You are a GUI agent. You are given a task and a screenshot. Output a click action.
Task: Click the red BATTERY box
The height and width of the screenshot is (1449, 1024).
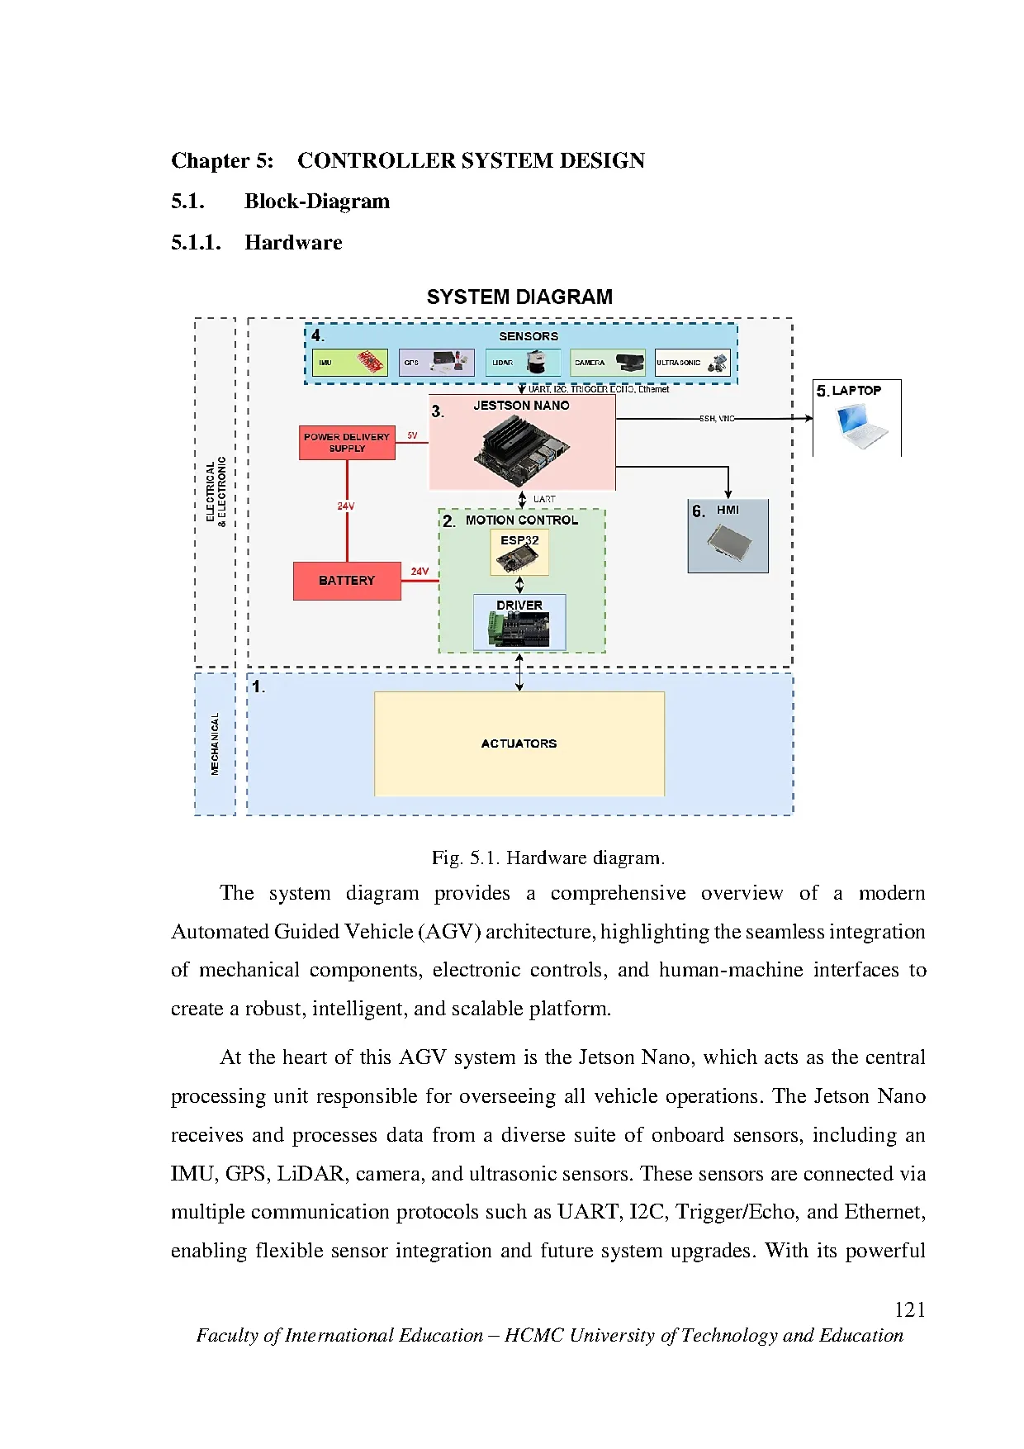coord(347,581)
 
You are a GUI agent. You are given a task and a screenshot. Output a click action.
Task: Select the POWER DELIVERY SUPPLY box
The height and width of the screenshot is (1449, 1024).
coord(347,443)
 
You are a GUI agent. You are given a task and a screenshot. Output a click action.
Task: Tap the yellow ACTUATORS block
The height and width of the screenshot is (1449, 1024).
coord(519,744)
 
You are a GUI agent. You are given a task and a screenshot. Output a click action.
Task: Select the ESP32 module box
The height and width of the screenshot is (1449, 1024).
coord(519,552)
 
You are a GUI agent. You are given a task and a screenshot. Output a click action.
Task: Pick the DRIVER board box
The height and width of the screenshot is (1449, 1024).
coord(519,623)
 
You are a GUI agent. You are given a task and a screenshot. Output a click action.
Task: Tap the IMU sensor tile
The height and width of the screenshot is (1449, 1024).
coord(350,363)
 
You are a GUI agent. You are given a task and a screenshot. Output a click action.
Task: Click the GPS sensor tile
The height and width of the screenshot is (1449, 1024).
coord(436,363)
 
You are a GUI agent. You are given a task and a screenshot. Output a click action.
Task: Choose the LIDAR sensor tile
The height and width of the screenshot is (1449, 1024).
coord(523,363)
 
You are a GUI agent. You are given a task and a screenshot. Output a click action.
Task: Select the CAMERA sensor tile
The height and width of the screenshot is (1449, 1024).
coord(608,363)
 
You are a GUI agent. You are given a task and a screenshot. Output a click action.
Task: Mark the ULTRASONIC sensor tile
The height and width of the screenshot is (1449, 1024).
coord(692,363)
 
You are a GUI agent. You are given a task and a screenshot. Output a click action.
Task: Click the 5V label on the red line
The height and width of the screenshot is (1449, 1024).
coord(412,435)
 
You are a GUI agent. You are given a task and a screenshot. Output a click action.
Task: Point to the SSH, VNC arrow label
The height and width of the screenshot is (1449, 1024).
coord(716,419)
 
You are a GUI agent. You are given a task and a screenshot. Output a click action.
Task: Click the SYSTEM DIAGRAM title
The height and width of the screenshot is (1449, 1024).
coord(519,297)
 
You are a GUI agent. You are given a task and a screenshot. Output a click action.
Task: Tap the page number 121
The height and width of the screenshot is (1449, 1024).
coord(909,1310)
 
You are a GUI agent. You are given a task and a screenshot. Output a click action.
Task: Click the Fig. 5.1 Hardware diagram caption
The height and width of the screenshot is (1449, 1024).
coord(548,858)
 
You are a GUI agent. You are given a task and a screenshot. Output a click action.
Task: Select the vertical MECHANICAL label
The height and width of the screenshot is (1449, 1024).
coord(216,744)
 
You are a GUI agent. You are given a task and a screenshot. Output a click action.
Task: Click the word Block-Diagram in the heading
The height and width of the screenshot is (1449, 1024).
coord(317,202)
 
